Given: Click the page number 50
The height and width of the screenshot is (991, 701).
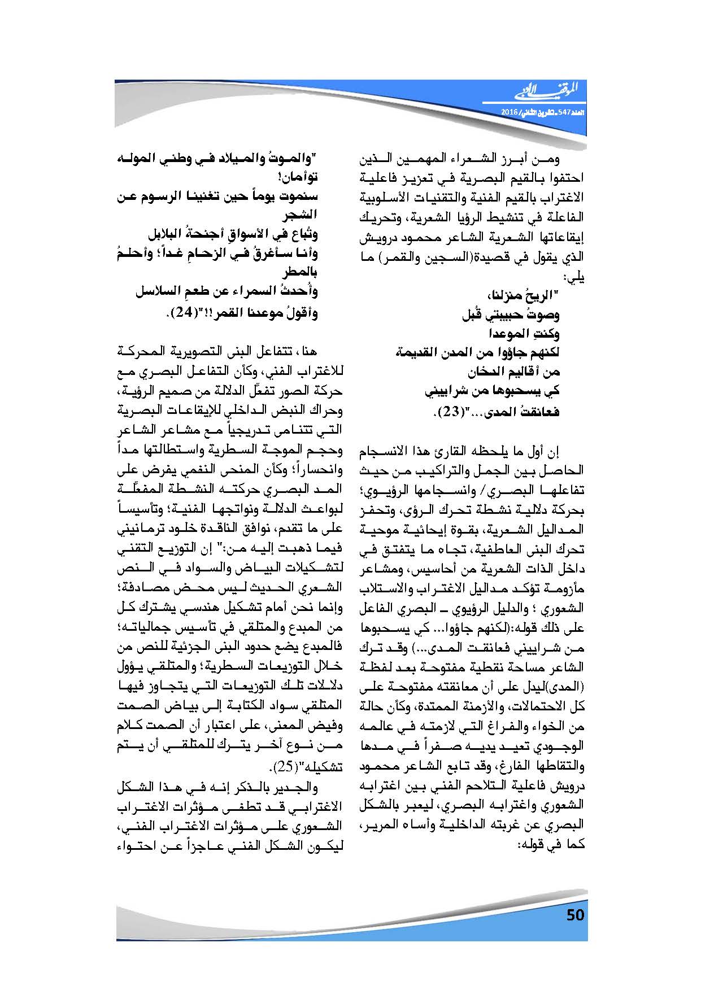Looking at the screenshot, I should tap(575, 915).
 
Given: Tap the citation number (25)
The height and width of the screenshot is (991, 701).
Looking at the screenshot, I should tap(279, 767).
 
